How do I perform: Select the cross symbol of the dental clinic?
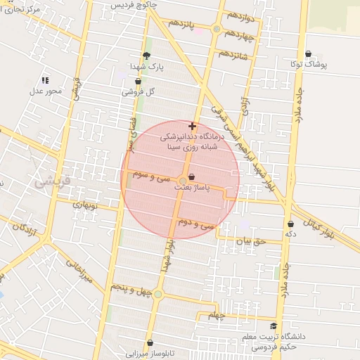[193, 125]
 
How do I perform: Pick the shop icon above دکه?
[290, 224]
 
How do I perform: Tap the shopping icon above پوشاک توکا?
[309, 54]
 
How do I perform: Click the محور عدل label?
[46, 91]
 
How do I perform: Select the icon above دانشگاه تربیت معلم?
[274, 326]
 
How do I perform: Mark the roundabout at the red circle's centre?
[181, 181]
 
